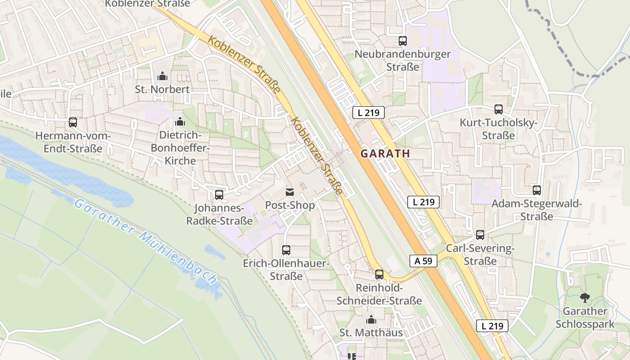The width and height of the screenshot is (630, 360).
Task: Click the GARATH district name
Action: click(x=385, y=153)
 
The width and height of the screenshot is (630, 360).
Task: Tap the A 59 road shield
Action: click(x=423, y=261)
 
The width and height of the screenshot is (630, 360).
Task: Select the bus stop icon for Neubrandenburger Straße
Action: click(x=403, y=41)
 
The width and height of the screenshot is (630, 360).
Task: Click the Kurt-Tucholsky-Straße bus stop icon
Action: click(x=499, y=109)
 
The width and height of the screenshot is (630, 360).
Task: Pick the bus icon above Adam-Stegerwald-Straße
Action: click(x=536, y=190)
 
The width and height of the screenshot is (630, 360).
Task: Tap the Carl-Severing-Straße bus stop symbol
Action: click(x=480, y=235)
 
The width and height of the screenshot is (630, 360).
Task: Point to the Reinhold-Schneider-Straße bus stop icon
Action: click(x=379, y=274)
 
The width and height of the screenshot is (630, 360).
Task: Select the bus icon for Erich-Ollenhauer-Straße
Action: click(x=286, y=250)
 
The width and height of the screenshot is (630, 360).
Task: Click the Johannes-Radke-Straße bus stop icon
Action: click(x=219, y=195)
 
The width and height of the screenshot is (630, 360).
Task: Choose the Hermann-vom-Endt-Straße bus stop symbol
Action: click(x=73, y=122)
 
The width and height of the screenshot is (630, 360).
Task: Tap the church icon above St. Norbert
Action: click(x=162, y=76)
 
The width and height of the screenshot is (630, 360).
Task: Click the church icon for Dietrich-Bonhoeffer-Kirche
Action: click(x=180, y=121)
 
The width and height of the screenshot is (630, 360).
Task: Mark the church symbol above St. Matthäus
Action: click(x=371, y=320)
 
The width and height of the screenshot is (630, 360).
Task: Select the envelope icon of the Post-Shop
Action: click(x=289, y=193)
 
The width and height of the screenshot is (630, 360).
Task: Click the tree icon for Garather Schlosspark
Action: click(x=585, y=297)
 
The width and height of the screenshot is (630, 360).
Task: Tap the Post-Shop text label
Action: click(x=290, y=205)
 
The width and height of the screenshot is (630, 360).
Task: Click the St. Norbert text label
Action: click(x=162, y=89)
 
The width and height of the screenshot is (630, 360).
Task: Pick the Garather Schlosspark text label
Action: click(x=585, y=318)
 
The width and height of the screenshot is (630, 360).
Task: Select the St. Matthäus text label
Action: click(x=371, y=333)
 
